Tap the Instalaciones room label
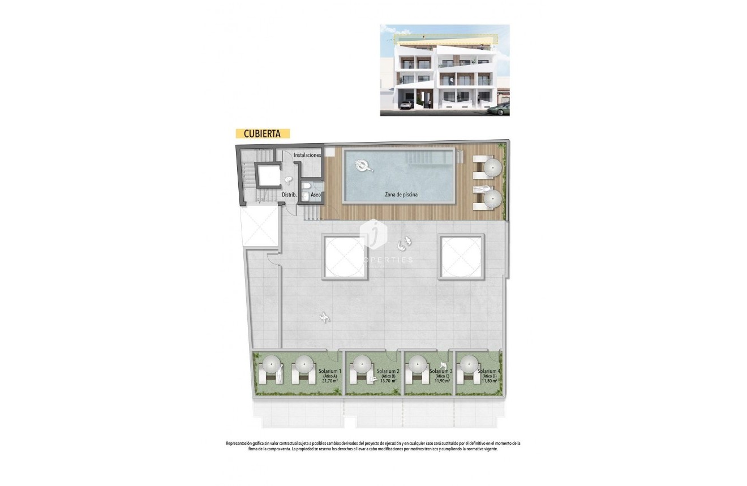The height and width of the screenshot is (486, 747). tap(307, 154)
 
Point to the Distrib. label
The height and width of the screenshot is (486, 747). tap(289, 195)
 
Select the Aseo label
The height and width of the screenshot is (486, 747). tap(316, 195)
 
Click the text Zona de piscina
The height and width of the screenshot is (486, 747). tap(401, 195)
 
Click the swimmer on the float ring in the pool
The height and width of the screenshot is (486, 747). tap(363, 165)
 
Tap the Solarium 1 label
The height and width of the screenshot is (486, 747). tap(330, 371)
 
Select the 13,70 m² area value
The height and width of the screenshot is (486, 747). tap(388, 381)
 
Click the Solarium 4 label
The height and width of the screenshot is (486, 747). tap(489, 371)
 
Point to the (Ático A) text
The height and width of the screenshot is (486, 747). tap(330, 376)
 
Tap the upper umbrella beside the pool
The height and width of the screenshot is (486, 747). tap(493, 166)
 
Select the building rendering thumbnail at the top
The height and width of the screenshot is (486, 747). tap(444, 70)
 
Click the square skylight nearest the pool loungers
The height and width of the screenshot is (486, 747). tap(461, 257)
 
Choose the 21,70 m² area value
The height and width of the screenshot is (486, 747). tap(330, 381)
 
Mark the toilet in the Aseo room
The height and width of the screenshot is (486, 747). tap(306, 188)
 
